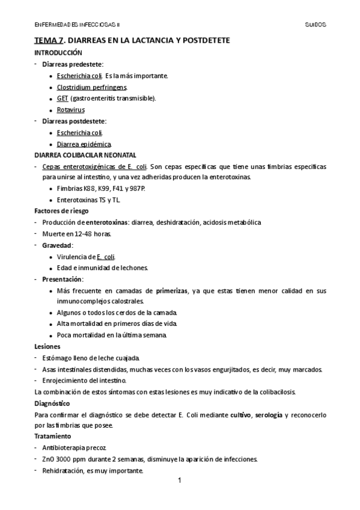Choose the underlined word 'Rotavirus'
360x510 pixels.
pyautogui.click(x=70, y=110)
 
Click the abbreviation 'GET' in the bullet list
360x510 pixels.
pyautogui.click(x=63, y=98)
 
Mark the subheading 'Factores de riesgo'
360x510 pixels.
pyautogui.click(x=61, y=211)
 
